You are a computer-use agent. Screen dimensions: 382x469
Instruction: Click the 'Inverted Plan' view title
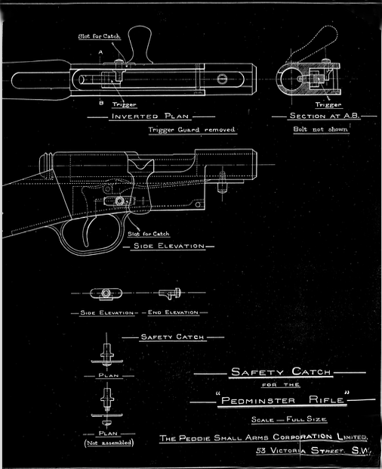click(x=150, y=116)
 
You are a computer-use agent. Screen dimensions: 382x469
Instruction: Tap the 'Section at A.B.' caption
click(x=325, y=116)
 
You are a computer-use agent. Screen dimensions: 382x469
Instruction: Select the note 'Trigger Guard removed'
click(x=192, y=130)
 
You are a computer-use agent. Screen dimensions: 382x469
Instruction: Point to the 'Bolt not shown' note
click(x=321, y=129)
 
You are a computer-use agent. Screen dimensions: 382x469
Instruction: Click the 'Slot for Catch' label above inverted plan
click(x=100, y=36)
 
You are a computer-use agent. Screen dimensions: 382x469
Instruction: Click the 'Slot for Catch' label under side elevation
click(x=149, y=234)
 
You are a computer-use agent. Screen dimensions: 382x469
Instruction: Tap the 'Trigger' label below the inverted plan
click(x=124, y=104)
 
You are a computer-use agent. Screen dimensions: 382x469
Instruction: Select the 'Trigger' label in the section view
click(x=328, y=104)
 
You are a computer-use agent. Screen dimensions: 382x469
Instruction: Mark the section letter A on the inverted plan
click(x=100, y=52)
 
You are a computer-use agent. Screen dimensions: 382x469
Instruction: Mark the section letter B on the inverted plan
click(x=101, y=103)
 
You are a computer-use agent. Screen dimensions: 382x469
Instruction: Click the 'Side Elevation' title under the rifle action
click(x=169, y=246)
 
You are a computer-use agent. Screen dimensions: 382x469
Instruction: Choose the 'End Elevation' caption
click(x=173, y=312)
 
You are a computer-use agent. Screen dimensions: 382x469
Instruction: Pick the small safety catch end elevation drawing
click(x=170, y=294)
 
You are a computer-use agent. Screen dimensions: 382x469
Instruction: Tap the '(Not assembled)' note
click(x=109, y=443)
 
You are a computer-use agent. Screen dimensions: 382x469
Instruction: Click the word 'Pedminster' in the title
click(x=258, y=400)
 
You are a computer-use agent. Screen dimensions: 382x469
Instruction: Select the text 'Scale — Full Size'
click(x=289, y=419)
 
